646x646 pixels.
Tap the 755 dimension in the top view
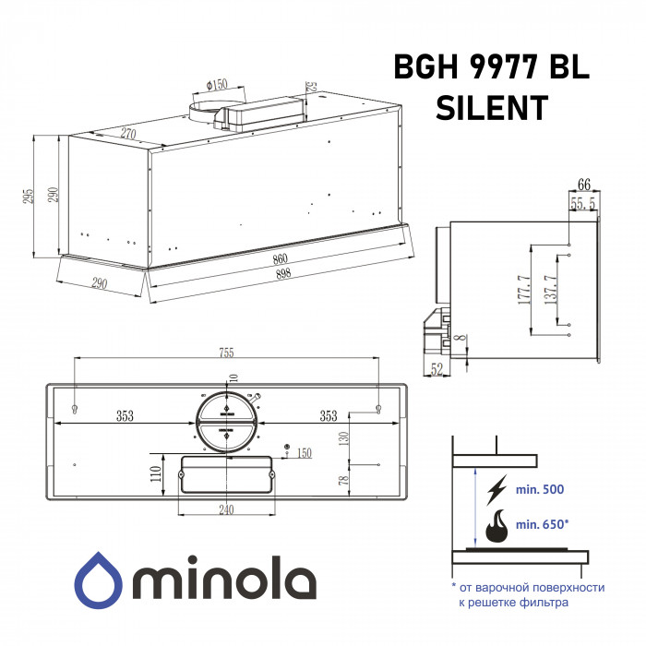[x=227, y=352]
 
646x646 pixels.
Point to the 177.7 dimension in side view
[x=523, y=291]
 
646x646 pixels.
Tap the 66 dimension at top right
[x=583, y=183]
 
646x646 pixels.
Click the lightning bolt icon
[x=497, y=488]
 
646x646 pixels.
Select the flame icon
[x=497, y=526]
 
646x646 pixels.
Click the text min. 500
[x=541, y=488]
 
